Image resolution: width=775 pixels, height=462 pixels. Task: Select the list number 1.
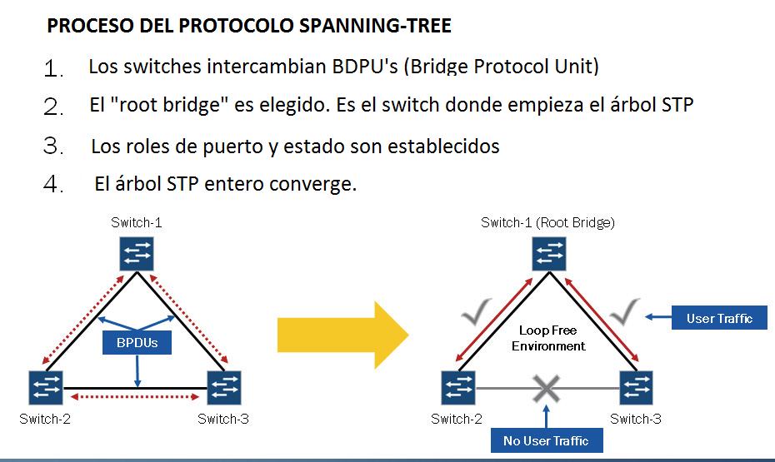pos(55,68)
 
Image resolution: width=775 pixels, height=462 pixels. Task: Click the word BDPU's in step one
pos(366,66)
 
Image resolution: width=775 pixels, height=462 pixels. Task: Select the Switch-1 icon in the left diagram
pos(135,253)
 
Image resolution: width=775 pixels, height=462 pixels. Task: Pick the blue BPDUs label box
pos(136,342)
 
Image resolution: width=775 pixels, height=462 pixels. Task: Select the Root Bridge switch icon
pos(549,253)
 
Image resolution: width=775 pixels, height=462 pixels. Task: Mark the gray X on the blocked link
pos(546,388)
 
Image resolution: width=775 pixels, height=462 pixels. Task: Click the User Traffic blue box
pos(717,318)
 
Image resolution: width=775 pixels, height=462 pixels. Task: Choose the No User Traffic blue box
pos(546,440)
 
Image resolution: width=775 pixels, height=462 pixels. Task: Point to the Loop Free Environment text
pos(548,338)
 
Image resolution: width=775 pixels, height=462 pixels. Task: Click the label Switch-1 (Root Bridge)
pos(547,222)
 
